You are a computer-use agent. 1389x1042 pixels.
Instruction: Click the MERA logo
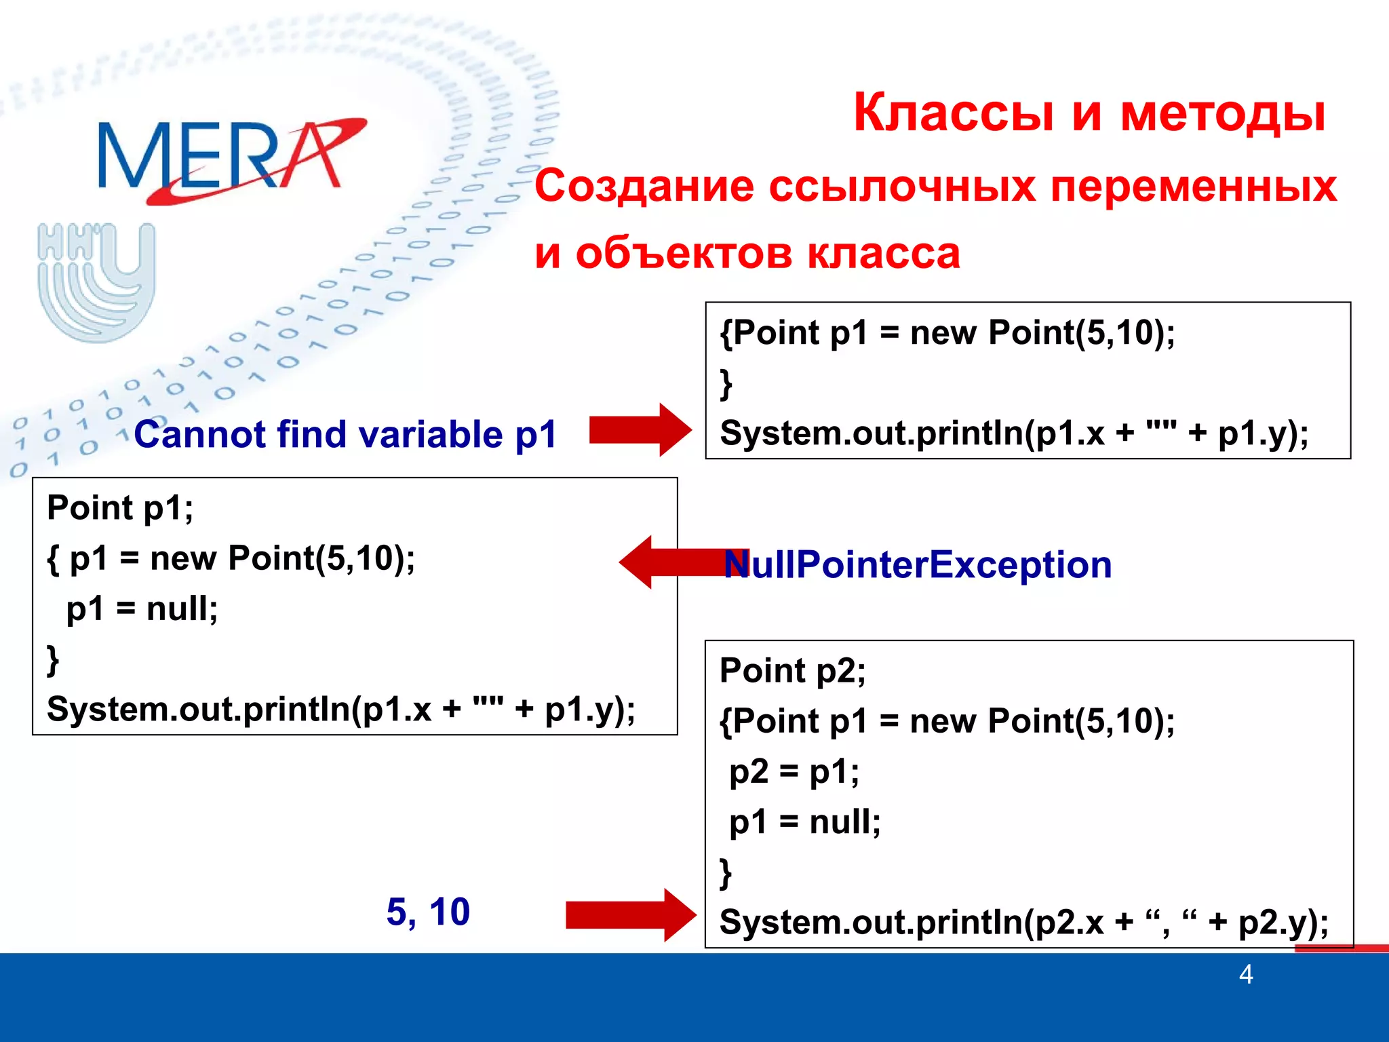click(231, 159)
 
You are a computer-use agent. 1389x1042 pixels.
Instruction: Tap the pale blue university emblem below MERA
click(97, 282)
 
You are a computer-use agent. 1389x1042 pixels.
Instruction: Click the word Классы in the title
click(953, 113)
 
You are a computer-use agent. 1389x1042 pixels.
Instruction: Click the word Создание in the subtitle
click(644, 187)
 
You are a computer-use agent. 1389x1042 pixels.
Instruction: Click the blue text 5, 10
click(428, 912)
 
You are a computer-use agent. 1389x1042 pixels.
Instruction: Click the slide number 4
click(1245, 975)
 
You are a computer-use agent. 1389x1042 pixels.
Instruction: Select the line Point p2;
click(792, 671)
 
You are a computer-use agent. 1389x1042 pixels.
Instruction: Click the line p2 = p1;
click(794, 771)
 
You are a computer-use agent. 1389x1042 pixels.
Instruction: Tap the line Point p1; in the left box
click(120, 508)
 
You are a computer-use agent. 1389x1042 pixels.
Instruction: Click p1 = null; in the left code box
click(142, 609)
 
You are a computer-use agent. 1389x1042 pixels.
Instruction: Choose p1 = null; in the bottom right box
click(804, 822)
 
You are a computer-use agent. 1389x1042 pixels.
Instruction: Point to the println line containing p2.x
click(1023, 923)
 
